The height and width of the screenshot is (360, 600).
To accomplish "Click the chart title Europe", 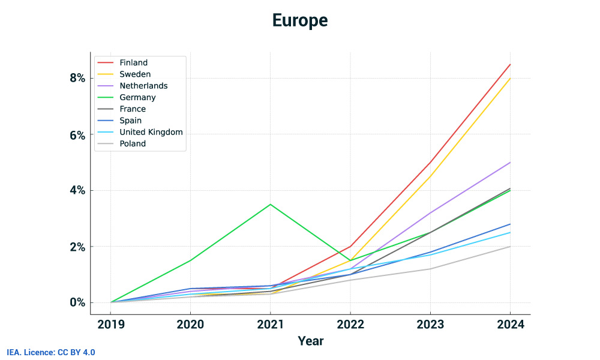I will pyautogui.click(x=300, y=20).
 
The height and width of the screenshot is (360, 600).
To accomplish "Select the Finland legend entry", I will pyautogui.click(x=133, y=62).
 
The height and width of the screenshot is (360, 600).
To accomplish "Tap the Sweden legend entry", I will pyautogui.click(x=135, y=74).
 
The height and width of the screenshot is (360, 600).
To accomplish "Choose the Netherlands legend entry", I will pyautogui.click(x=143, y=86).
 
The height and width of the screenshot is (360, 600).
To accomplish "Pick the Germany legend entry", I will pyautogui.click(x=137, y=97).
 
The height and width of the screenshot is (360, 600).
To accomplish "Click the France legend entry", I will pyautogui.click(x=133, y=109).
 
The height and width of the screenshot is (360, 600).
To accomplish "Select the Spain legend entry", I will pyautogui.click(x=131, y=121).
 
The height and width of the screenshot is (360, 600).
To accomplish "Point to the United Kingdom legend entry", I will pyautogui.click(x=151, y=132).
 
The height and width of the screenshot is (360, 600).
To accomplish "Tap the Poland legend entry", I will pyautogui.click(x=133, y=143).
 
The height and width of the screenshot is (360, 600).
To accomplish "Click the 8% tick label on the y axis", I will pyautogui.click(x=76, y=79).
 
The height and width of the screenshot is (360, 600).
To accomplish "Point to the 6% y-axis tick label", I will pyautogui.click(x=76, y=135).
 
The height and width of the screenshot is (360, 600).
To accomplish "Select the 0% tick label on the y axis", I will pyautogui.click(x=76, y=302).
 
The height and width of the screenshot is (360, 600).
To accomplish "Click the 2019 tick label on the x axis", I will pyautogui.click(x=110, y=325).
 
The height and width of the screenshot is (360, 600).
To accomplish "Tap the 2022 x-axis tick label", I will pyautogui.click(x=350, y=325).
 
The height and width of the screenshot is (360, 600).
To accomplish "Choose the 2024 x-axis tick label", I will pyautogui.click(x=510, y=325).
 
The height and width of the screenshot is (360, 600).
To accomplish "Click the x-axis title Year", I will pyautogui.click(x=310, y=341).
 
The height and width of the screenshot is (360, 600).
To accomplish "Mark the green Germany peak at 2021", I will pyautogui.click(x=271, y=205).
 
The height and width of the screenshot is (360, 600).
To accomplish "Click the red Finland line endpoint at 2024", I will pyautogui.click(x=510, y=64).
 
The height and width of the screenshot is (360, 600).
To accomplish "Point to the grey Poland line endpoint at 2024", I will pyautogui.click(x=510, y=247).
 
